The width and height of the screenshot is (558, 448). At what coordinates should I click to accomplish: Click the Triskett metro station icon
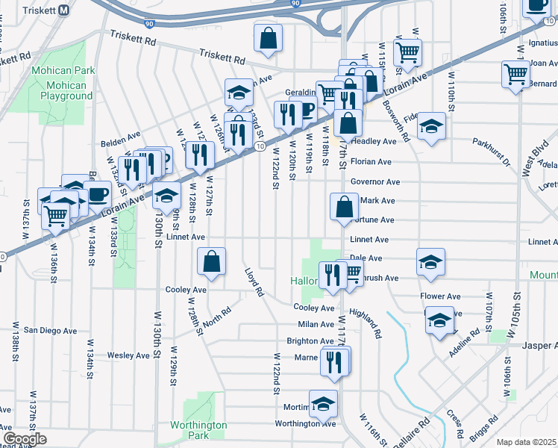(x=64, y=10)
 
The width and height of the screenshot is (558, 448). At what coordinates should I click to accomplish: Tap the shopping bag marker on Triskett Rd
(x=268, y=38)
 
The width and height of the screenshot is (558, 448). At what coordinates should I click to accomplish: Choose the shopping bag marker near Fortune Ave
(x=342, y=207)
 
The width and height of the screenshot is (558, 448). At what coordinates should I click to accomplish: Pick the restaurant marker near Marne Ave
(x=336, y=361)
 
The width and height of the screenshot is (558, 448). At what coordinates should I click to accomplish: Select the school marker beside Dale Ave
(x=430, y=262)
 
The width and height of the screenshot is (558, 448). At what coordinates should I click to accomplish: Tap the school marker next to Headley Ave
(x=430, y=126)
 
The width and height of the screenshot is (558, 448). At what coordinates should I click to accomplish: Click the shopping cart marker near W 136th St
(x=55, y=216)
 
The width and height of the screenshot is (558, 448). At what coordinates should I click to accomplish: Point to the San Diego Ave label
(x=50, y=330)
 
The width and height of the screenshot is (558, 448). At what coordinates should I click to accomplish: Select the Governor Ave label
(x=375, y=181)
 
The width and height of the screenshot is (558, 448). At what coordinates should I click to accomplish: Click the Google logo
(x=24, y=439)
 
